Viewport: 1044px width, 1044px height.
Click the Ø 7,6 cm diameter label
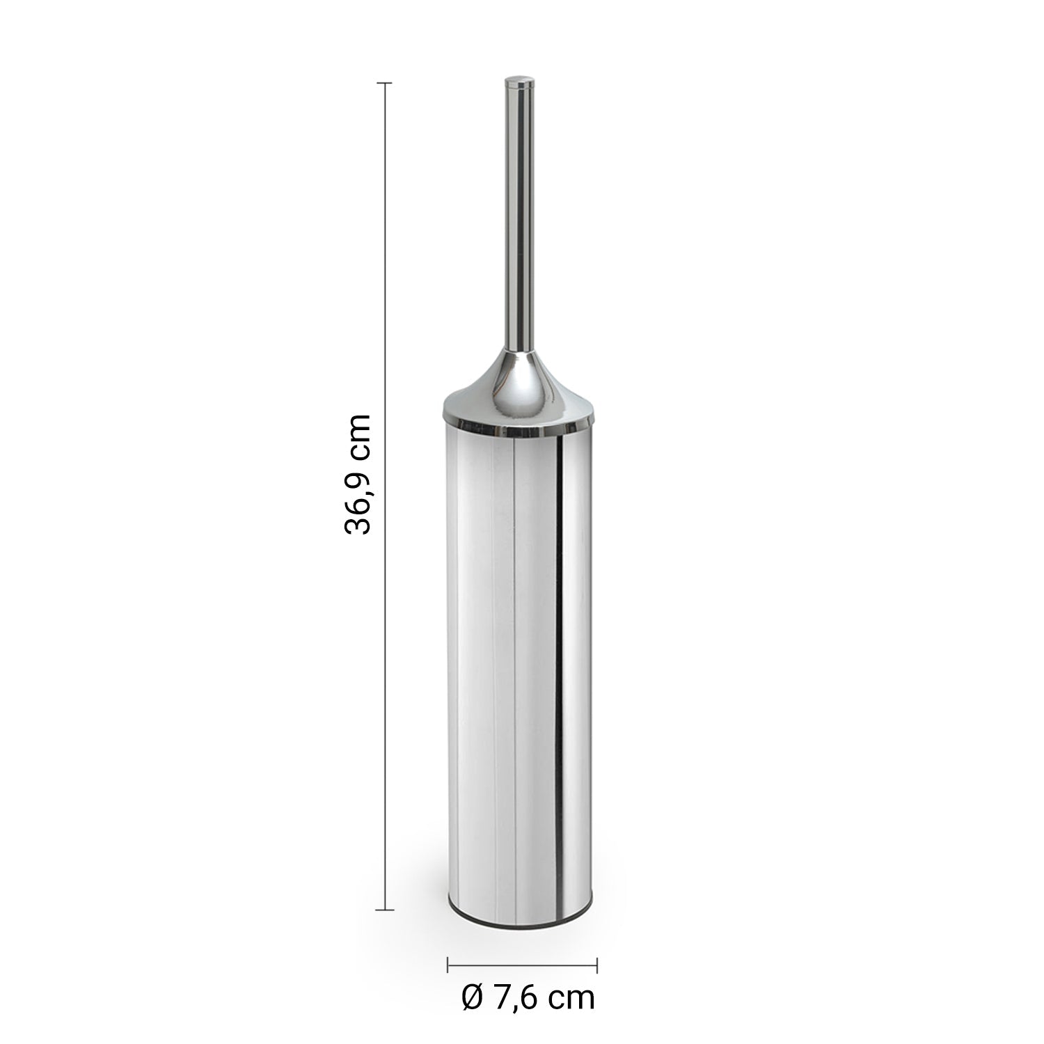[528, 998]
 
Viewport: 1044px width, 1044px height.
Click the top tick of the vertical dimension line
[385, 83]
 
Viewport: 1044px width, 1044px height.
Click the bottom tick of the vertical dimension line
[385, 909]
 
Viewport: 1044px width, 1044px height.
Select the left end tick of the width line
[448, 965]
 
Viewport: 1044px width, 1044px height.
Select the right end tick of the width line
[597, 965]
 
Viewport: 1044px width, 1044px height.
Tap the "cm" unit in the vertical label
[358, 434]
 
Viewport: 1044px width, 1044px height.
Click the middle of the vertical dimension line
[385, 496]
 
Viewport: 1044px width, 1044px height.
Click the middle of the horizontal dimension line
[522, 965]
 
